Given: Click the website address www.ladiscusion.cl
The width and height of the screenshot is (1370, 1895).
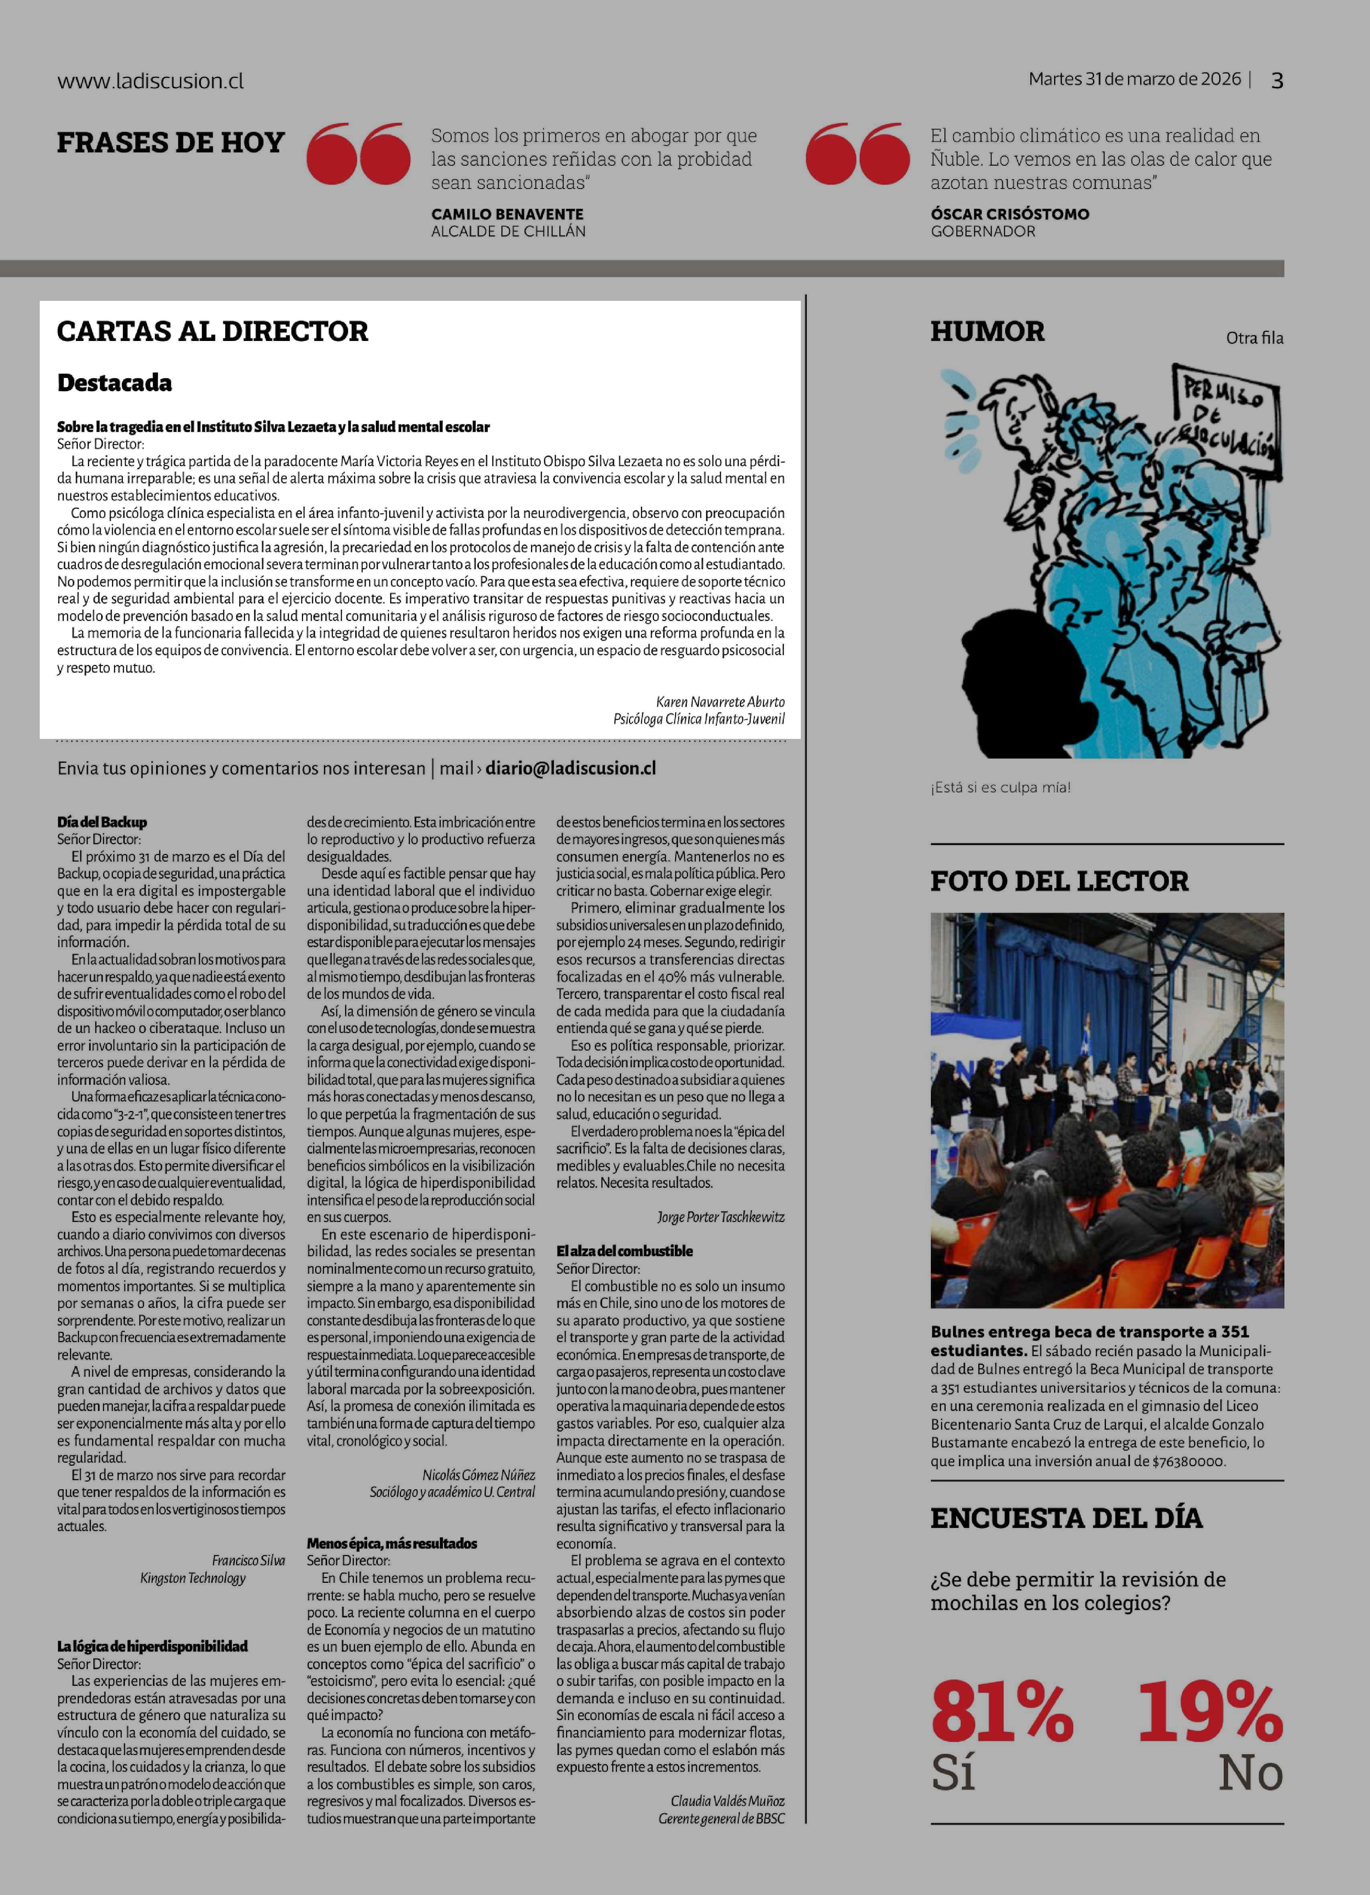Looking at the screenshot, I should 151,81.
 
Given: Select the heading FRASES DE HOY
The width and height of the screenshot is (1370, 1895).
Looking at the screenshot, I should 171,143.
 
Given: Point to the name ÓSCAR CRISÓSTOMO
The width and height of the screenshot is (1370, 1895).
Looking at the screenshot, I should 1010,214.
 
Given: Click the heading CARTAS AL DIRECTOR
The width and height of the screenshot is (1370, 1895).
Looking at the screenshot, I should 212,332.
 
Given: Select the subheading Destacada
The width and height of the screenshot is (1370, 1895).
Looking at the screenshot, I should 114,383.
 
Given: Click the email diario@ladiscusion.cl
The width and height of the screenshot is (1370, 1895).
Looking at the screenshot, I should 571,768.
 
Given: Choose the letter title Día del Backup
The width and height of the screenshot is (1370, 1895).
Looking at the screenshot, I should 102,822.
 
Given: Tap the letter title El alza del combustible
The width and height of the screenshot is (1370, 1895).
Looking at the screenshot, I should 625,1251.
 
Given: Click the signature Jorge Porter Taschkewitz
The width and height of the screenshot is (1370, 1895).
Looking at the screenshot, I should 721,1217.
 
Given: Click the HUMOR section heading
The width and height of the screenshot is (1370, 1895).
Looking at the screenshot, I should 987,332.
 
